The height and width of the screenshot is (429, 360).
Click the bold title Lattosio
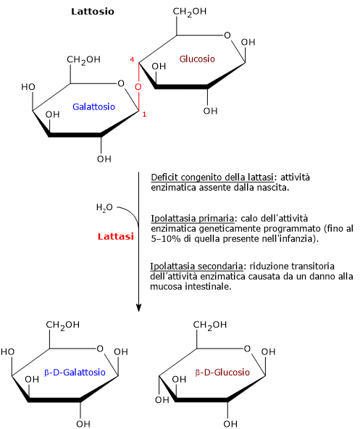[x=93, y=12]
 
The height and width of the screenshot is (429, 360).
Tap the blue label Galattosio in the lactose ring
[x=93, y=107]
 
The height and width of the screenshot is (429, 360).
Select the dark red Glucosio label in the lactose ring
[x=197, y=59]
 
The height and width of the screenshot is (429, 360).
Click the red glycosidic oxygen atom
[x=138, y=87]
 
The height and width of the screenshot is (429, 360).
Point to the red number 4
[x=132, y=59]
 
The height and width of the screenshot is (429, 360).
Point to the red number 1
[x=144, y=114]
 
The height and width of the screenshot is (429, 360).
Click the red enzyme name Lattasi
[x=116, y=236]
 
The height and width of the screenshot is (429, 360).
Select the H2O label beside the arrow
[x=104, y=208]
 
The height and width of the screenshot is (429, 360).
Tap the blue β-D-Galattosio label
[x=75, y=372]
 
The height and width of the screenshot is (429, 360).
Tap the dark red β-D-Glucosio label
[x=222, y=372]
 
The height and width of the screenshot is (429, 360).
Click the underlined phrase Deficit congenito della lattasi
[x=212, y=178]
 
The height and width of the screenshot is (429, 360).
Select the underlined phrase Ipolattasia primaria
[x=192, y=219]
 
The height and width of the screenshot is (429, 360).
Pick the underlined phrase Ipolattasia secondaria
[x=196, y=266]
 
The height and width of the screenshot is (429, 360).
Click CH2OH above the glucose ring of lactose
[x=190, y=12]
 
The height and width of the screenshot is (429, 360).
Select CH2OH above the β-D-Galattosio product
[x=62, y=325]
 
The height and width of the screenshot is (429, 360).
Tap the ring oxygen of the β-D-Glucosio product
[x=247, y=349]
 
